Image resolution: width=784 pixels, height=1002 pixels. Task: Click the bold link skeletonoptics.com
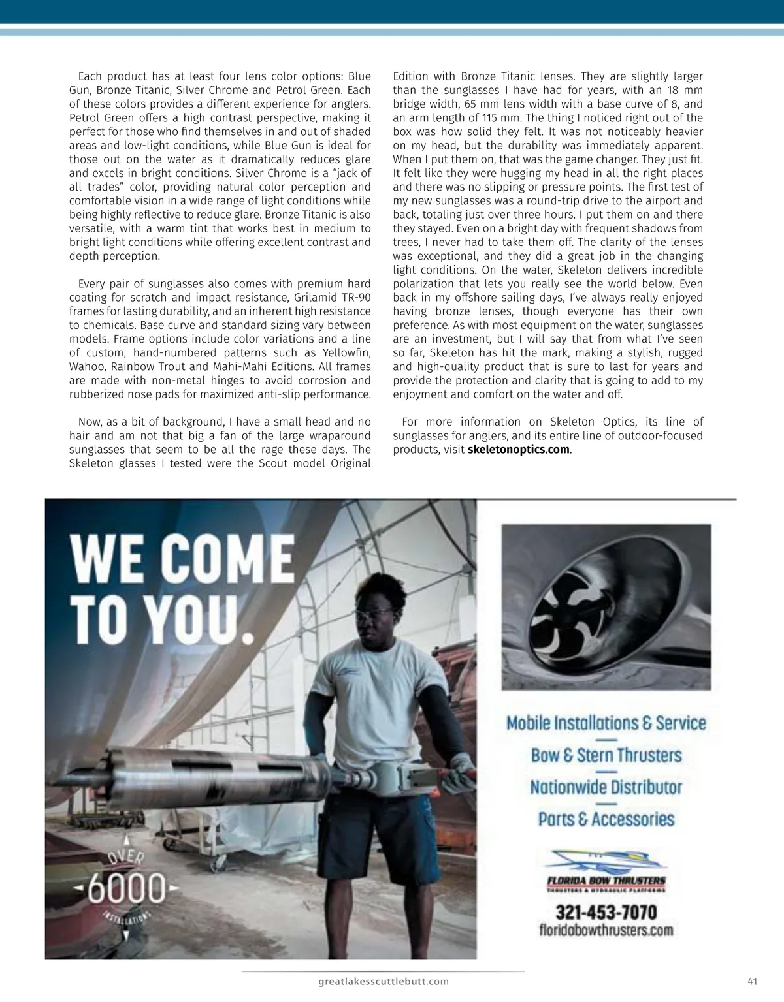click(519, 450)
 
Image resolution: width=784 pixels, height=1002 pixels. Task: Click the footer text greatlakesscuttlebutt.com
click(384, 981)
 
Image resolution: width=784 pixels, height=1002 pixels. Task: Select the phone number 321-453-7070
click(606, 912)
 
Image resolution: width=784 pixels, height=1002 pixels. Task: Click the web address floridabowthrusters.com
click(606, 930)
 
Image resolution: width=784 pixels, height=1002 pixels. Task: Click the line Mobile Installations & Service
click(606, 723)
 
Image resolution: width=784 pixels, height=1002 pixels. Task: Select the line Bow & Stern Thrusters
click(606, 755)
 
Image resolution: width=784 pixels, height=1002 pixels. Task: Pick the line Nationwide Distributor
click(606, 787)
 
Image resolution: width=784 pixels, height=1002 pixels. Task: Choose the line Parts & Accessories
click(606, 819)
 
